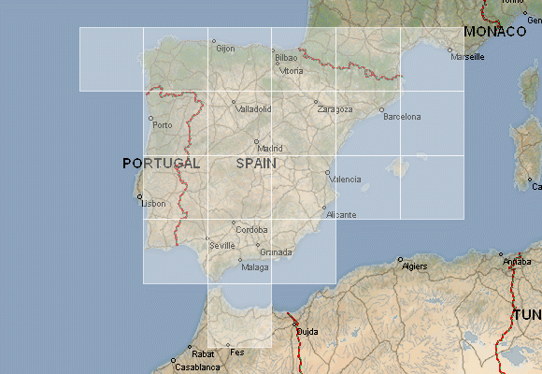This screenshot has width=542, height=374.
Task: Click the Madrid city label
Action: coord(270,148)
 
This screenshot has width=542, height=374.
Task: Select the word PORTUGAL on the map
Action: coord(162,163)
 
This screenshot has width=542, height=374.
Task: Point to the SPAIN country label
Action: coord(257,163)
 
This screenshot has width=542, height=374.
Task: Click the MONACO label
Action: coord(495,32)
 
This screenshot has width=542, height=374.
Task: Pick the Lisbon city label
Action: coord(154,203)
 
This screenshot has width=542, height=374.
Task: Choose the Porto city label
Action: coord(163,124)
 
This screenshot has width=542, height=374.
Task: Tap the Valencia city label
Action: coord(346,179)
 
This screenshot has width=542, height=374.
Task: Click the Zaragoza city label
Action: coord(335,108)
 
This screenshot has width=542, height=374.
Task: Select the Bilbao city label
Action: coord(286,58)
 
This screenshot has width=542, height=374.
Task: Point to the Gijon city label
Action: coord(225,48)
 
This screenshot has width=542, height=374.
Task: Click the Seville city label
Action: coord(222,245)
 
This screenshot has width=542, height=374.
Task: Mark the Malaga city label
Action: coord(255,266)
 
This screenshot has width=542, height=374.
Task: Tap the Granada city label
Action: coord(276,252)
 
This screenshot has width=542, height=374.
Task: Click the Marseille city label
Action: coord(467,57)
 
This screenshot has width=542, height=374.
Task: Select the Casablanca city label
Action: coord(195,367)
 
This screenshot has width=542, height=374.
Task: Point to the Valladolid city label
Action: coord(254,108)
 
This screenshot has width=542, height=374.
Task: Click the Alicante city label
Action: coord(341,215)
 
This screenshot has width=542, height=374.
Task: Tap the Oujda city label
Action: coord(307,331)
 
